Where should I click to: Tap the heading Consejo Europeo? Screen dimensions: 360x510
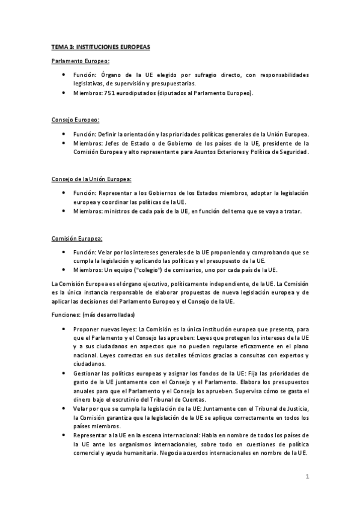[75, 120]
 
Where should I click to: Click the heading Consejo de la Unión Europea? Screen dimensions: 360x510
[91, 179]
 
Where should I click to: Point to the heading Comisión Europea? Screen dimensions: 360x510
[77, 238]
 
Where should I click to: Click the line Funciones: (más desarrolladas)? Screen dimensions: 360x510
[93, 315]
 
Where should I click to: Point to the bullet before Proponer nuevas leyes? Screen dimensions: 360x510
[64, 330]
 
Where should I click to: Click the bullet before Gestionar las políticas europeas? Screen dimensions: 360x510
[64, 373]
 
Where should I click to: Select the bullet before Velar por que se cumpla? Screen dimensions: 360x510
[64, 408]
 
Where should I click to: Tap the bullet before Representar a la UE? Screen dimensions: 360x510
[64, 434]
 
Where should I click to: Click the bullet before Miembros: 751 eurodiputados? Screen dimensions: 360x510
[64, 93]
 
